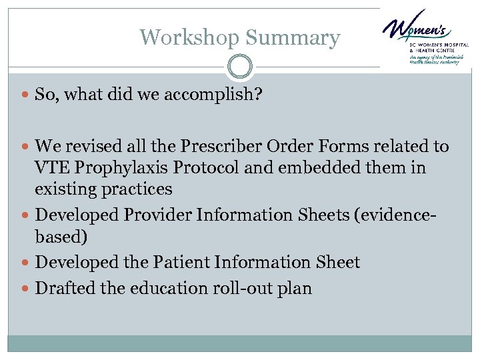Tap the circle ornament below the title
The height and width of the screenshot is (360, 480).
pos(240,67)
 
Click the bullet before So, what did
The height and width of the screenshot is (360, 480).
pos(26,95)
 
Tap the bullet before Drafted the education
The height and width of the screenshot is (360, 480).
pos(26,289)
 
